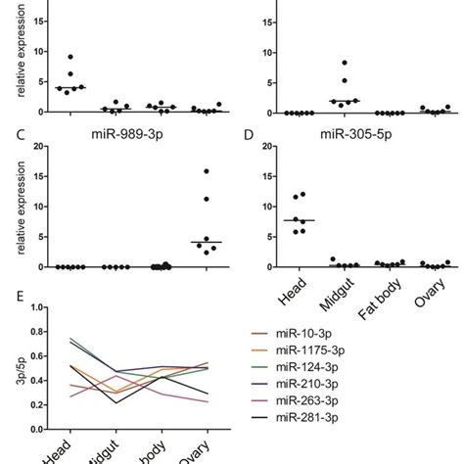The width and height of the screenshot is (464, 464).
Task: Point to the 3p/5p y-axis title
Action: tap(19, 382)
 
